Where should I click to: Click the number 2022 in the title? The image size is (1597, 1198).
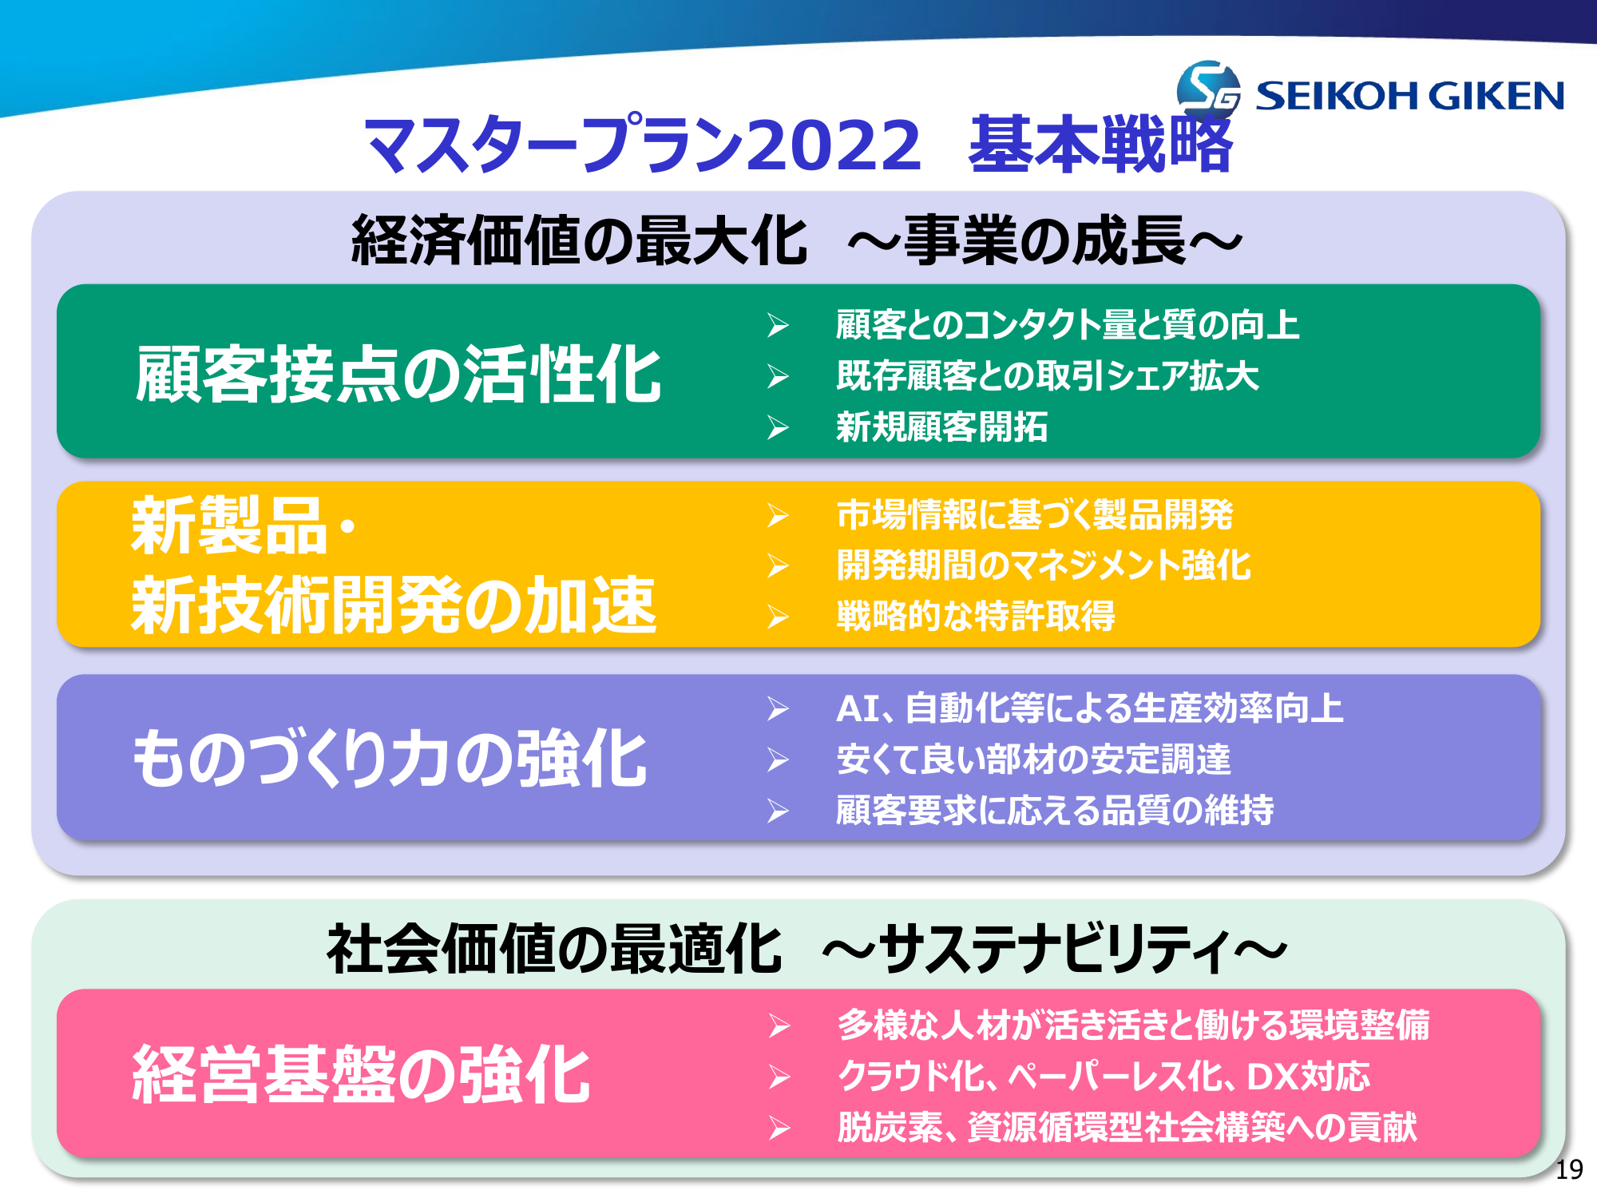[834, 145]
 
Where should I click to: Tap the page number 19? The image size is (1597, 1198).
[1569, 1169]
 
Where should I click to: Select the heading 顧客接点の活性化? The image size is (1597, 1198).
[398, 375]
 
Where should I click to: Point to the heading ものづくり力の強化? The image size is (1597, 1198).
[390, 758]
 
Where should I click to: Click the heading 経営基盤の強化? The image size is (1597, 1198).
[361, 1074]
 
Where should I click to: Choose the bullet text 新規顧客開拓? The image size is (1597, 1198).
[942, 426]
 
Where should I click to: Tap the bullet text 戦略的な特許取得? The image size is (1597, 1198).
[975, 616]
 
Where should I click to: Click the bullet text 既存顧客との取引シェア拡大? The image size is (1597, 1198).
[1048, 375]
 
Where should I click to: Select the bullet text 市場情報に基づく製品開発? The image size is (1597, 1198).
[1035, 514]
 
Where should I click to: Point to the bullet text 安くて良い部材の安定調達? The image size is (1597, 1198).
[1033, 759]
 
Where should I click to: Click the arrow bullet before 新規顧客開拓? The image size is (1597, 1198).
[779, 427]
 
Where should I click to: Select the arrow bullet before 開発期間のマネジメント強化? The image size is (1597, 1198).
[779, 566]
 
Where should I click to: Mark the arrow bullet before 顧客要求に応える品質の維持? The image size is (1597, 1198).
[779, 811]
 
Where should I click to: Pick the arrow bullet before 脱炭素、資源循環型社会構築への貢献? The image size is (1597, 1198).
[779, 1129]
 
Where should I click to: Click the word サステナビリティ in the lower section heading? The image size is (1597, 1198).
[1055, 949]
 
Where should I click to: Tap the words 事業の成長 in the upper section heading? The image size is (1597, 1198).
[1045, 240]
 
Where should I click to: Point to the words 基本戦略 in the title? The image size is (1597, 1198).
[1101, 145]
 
